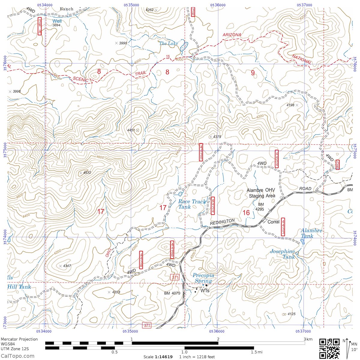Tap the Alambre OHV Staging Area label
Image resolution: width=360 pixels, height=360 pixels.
pyautogui.click(x=261, y=193)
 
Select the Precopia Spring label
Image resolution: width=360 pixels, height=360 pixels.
pyautogui.click(x=203, y=278)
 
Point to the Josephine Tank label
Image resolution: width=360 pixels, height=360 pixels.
pyautogui.click(x=283, y=254)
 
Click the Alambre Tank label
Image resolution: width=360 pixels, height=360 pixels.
pyautogui.click(x=311, y=233)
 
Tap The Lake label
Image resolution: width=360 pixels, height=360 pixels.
pyautogui.click(x=168, y=43)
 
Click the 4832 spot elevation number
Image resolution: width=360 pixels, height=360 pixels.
pyautogui.click(x=87, y=173)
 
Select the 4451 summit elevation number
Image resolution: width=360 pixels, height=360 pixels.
pyautogui.click(x=131, y=130)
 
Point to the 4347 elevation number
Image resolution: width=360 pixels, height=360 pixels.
pyautogui.click(x=67, y=266)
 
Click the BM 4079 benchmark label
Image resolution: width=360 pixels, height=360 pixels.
pyautogui.click(x=172, y=293)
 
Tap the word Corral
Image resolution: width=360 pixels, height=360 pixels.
pyautogui.click(x=273, y=222)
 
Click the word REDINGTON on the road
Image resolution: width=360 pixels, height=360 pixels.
pyautogui.click(x=222, y=222)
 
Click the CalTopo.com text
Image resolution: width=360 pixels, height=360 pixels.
pyautogui.click(x=17, y=356)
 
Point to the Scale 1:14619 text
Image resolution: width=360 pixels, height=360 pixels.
pyautogui.click(x=158, y=357)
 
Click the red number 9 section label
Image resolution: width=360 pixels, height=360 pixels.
pyautogui.click(x=253, y=73)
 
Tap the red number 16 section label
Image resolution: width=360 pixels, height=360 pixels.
pyautogui.click(x=246, y=213)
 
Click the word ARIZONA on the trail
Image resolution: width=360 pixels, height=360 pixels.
pyautogui.click(x=232, y=35)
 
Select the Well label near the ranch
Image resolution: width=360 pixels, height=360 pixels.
pyautogui.click(x=57, y=21)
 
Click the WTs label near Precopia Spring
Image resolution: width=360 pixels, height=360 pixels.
pyautogui.click(x=205, y=291)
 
